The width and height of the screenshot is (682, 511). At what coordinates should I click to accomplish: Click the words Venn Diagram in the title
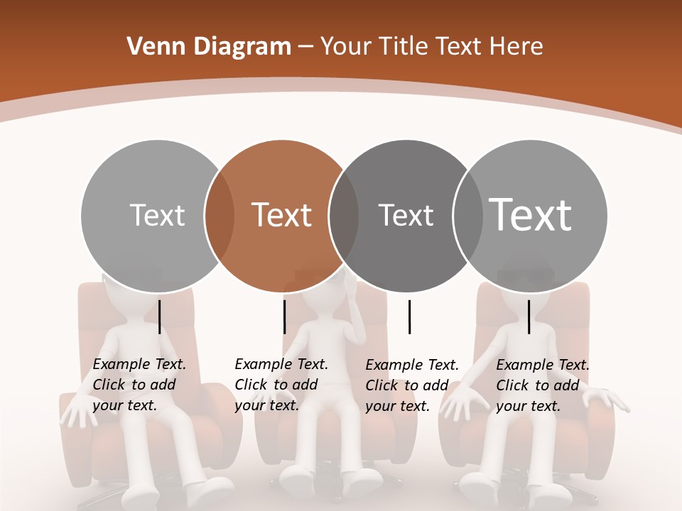click(x=209, y=47)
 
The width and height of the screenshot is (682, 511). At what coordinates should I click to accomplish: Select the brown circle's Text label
click(x=282, y=215)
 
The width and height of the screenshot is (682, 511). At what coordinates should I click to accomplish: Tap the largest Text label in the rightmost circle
click(x=530, y=214)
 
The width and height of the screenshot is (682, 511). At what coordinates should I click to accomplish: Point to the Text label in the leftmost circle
click(x=157, y=215)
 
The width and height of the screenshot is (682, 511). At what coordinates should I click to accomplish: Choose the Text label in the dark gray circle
click(x=406, y=215)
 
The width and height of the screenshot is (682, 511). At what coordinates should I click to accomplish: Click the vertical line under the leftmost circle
click(x=160, y=317)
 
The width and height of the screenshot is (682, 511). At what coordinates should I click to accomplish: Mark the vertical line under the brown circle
click(x=284, y=317)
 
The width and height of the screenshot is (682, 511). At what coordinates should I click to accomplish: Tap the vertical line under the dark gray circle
click(x=409, y=317)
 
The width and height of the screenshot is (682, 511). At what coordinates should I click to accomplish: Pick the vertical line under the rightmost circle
click(x=529, y=317)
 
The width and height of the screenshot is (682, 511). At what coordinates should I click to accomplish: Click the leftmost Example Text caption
click(x=139, y=385)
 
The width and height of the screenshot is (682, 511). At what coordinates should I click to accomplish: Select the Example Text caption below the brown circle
click(x=281, y=385)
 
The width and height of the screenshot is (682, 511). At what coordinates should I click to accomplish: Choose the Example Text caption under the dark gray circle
click(x=411, y=385)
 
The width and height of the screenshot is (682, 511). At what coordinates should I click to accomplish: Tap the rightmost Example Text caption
click(x=542, y=385)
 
